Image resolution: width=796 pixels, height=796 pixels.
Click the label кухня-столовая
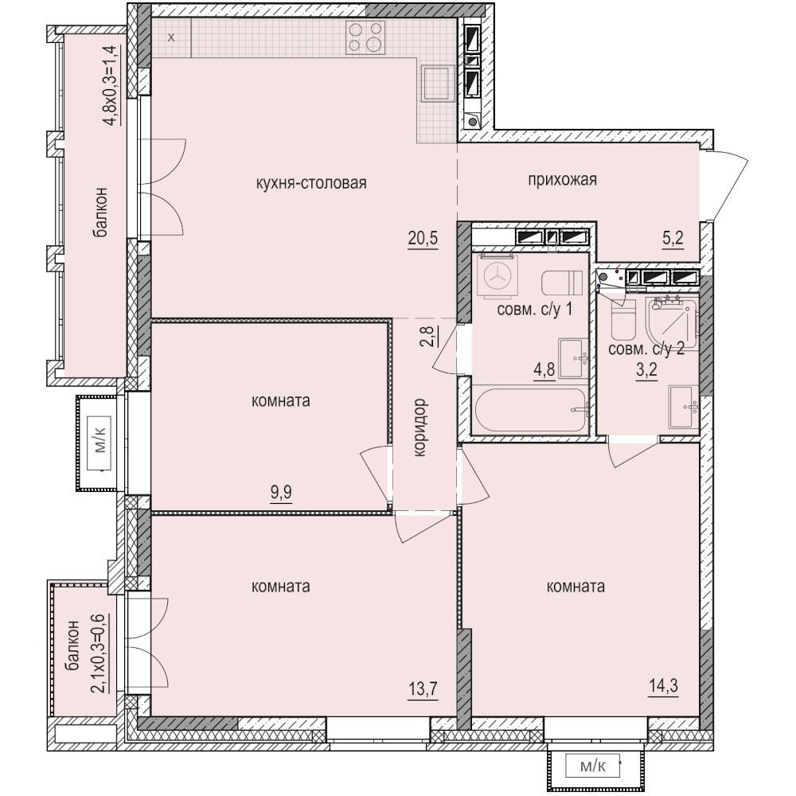[x=311, y=183]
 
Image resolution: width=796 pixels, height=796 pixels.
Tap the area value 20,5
[x=423, y=237]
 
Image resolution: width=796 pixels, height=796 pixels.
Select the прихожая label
[x=562, y=180]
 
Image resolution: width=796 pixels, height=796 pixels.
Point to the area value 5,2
[x=673, y=238]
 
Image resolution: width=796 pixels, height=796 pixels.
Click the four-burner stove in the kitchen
[x=365, y=37]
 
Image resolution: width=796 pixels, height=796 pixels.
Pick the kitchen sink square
[x=436, y=84]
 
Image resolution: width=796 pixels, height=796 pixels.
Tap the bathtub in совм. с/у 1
[x=530, y=410]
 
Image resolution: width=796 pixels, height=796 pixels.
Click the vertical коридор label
[x=421, y=427]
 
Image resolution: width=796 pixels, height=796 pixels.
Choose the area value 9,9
[x=281, y=493]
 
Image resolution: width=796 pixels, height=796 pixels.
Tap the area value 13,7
[x=423, y=689]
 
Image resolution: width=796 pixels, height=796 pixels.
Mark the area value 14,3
[x=664, y=686]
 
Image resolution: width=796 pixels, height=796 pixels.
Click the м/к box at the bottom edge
[x=592, y=767]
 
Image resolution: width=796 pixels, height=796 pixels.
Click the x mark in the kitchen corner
[x=172, y=37]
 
